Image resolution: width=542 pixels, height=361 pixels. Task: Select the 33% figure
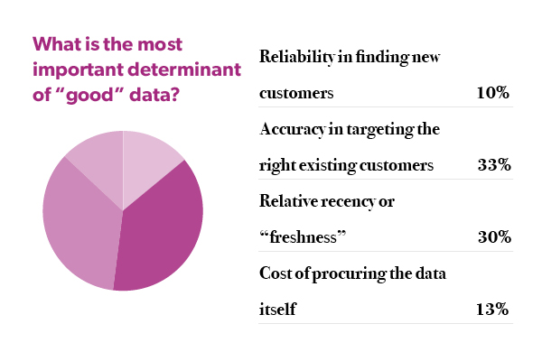pos(494,166)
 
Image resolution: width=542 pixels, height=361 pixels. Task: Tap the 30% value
pos(494,237)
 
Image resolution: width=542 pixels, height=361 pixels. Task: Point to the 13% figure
pos(494,310)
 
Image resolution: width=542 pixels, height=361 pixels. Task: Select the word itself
pos(277,310)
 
